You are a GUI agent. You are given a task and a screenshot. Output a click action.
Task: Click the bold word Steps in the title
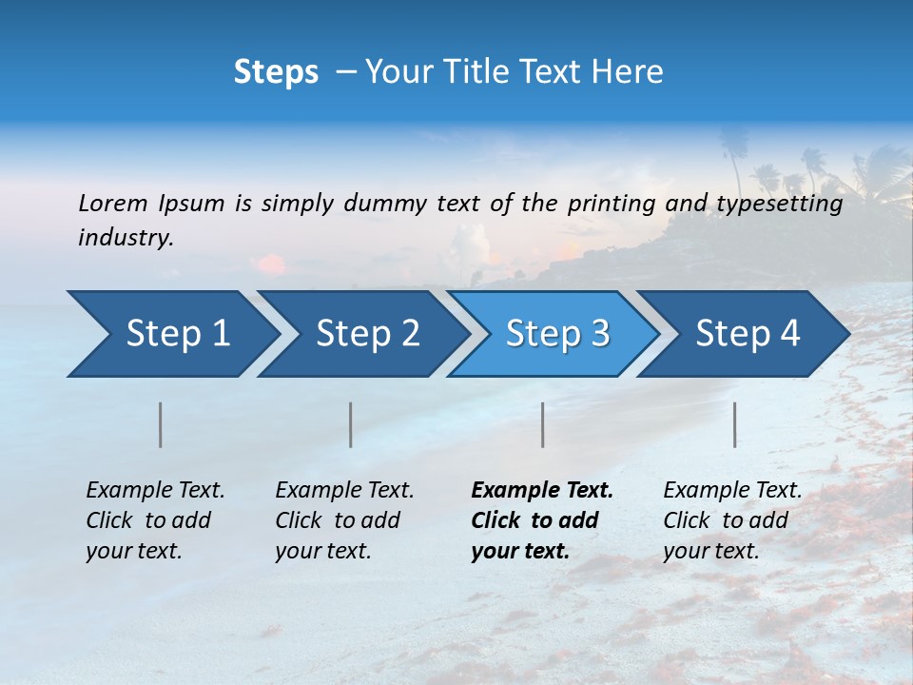pos(276,71)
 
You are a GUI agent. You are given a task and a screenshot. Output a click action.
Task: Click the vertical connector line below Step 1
pos(161,424)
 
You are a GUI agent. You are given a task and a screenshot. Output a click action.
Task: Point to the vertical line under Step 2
pos(351,424)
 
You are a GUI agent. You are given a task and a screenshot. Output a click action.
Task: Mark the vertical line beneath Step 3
pos(543,424)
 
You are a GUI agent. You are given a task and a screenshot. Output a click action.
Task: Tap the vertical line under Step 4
pos(735,424)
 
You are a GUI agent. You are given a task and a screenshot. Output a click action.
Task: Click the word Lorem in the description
pos(113,203)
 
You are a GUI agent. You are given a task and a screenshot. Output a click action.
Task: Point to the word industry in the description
pos(125,238)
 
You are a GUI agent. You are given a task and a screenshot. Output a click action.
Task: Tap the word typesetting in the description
pos(780,203)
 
